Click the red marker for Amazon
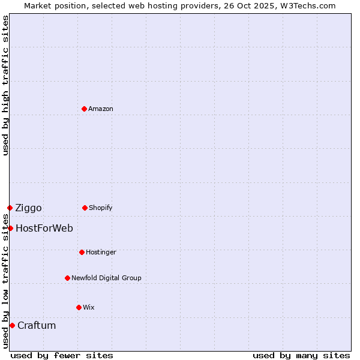pyautogui.click(x=84, y=109)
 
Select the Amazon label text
pyautogui.click(x=101, y=109)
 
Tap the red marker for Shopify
pyautogui.click(x=85, y=208)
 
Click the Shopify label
pyautogui.click(x=100, y=208)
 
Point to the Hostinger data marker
pyautogui.click(x=82, y=252)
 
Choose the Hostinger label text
pyautogui.click(x=101, y=252)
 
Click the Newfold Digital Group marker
pyautogui.click(x=67, y=278)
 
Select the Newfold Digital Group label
pyautogui.click(x=106, y=278)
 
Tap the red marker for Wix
pyautogui.click(x=79, y=307)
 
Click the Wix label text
pyautogui.click(x=89, y=307)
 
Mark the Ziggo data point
pyautogui.click(x=10, y=208)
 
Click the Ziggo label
pyautogui.click(x=28, y=208)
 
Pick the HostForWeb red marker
pyautogui.click(x=10, y=228)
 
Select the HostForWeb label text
pyautogui.click(x=44, y=228)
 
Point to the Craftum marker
pyautogui.click(x=12, y=325)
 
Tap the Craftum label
pyautogui.click(x=37, y=325)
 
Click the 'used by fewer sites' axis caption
pyautogui.click(x=62, y=355)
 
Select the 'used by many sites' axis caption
pyautogui.click(x=301, y=355)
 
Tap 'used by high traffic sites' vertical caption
pyautogui.click(x=5, y=85)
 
